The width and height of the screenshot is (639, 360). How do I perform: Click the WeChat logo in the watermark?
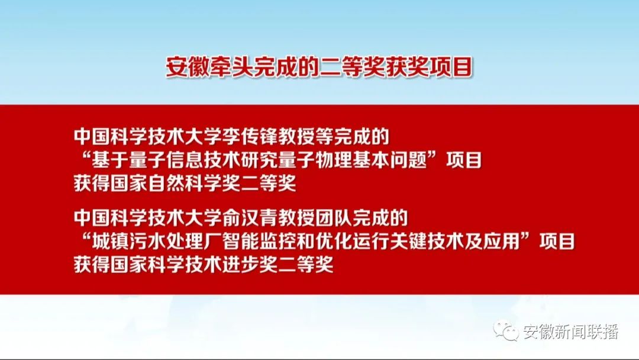tap(505, 330)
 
